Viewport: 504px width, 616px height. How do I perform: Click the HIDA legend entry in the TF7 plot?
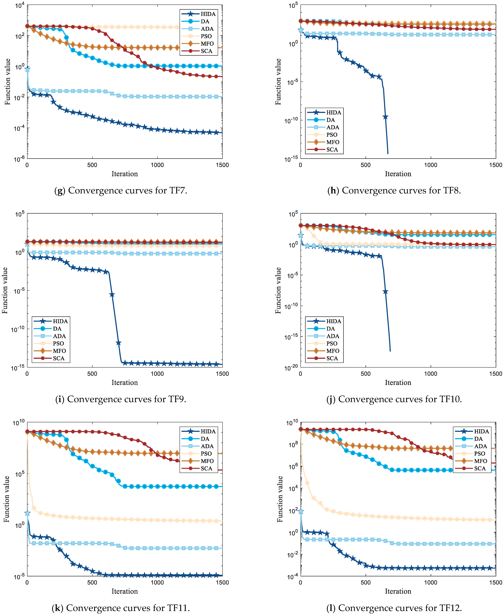(208, 14)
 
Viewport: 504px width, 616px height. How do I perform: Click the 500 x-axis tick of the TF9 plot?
(92, 374)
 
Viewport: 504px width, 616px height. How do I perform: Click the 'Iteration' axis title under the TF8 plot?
(398, 174)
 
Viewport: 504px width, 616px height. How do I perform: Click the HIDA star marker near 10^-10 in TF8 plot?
(385, 117)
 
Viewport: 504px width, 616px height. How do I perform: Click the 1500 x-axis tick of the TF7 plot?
(222, 165)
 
